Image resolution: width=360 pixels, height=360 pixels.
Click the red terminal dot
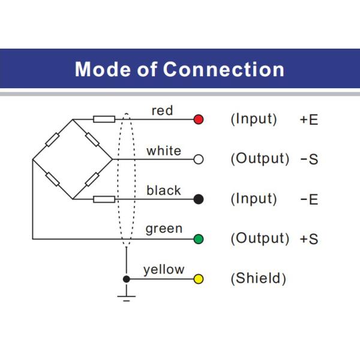click(x=199, y=119)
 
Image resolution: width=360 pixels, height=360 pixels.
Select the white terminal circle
click(x=199, y=159)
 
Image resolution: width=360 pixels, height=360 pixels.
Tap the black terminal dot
click(x=199, y=199)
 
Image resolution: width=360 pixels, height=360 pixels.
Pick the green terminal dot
click(x=199, y=239)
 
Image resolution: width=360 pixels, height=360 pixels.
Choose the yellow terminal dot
click(x=199, y=279)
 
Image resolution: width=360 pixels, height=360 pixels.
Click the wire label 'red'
click(x=162, y=110)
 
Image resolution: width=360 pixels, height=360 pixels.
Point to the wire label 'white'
click(x=163, y=151)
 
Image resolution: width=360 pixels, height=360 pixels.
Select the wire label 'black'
click(x=163, y=190)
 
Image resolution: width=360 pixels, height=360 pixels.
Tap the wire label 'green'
click(x=164, y=230)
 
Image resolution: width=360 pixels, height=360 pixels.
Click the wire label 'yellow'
click(x=164, y=270)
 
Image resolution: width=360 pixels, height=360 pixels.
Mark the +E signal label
click(x=309, y=119)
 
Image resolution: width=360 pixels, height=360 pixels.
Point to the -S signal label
click(x=309, y=160)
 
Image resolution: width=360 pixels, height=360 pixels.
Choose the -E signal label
click(x=309, y=199)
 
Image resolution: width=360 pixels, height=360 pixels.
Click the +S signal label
click(x=309, y=239)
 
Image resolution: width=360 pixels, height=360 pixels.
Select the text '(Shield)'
click(x=258, y=279)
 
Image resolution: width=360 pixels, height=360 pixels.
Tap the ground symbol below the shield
click(x=126, y=296)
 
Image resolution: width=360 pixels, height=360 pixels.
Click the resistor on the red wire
click(x=104, y=119)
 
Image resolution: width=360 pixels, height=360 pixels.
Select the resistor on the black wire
click(x=104, y=199)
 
